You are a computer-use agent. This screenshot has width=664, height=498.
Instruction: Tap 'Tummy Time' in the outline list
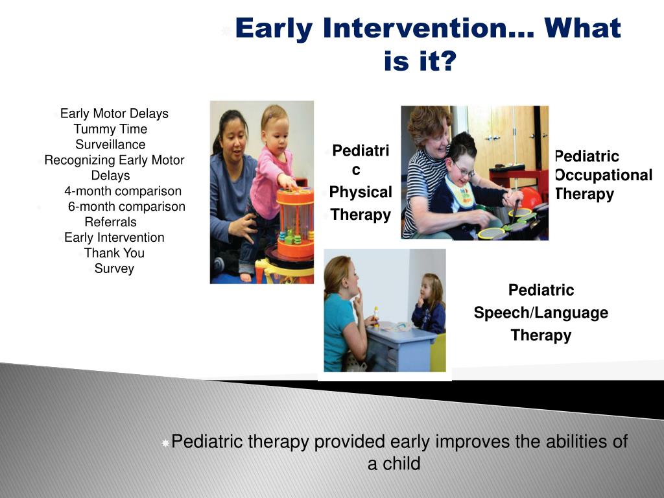pyautogui.click(x=110, y=129)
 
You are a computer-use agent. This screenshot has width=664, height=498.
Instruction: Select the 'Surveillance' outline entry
pyautogui.click(x=110, y=145)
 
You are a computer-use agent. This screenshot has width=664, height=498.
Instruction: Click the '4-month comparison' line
pyautogui.click(x=123, y=191)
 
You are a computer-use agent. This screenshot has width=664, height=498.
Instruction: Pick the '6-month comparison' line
pyautogui.click(x=126, y=207)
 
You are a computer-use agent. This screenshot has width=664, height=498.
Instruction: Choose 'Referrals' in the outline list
pyautogui.click(x=110, y=222)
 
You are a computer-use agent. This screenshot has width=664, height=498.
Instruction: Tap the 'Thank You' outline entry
pyautogui.click(x=114, y=253)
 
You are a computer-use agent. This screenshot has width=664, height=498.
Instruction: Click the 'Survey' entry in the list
pyautogui.click(x=114, y=268)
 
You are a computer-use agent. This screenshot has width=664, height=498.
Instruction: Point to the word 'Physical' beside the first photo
pyautogui.click(x=361, y=193)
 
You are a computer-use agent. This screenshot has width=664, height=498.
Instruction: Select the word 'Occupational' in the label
pyautogui.click(x=603, y=175)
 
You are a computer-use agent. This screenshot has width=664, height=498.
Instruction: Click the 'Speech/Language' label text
pyautogui.click(x=541, y=313)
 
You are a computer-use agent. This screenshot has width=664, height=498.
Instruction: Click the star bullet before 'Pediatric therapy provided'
pyautogui.click(x=165, y=443)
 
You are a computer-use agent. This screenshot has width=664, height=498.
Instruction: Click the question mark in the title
pyautogui.click(x=447, y=61)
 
